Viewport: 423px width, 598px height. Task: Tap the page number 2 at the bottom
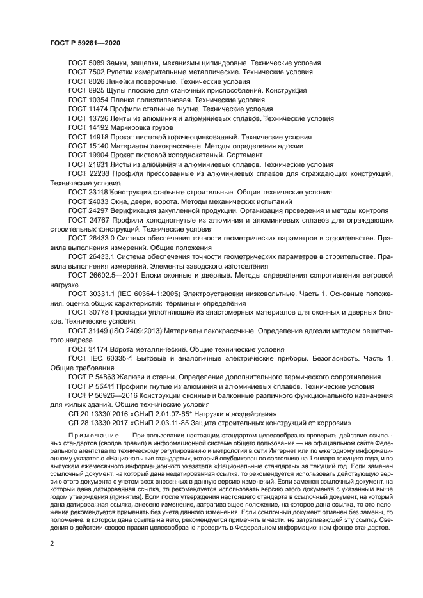[x=52, y=543]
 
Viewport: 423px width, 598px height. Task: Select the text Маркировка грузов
[x=140, y=128]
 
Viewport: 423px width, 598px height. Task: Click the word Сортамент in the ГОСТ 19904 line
[x=241, y=155]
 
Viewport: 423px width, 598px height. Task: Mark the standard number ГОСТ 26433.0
[x=90, y=238]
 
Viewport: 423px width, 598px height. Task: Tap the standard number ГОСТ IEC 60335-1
[x=97, y=358]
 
